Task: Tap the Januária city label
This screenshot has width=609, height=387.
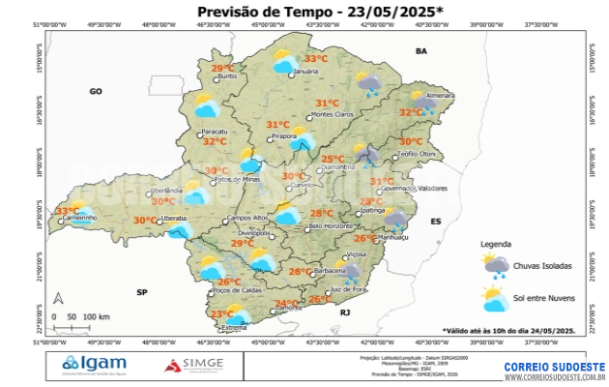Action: coord(305,73)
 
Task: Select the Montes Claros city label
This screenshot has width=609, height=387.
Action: coord(333,115)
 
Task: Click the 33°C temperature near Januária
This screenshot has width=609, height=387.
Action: coord(317,59)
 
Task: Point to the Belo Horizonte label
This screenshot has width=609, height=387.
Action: coord(330,226)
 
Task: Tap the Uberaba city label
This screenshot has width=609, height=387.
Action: coord(174,220)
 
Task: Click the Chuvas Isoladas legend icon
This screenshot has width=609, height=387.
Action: coord(496,265)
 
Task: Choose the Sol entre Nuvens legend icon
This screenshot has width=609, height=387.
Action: coord(496,299)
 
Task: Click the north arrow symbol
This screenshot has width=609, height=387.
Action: coord(58,300)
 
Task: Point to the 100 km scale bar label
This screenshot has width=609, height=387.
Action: coord(96,317)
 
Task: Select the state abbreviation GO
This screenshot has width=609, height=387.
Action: coord(96,92)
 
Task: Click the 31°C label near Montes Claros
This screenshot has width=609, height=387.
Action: coord(327,104)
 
